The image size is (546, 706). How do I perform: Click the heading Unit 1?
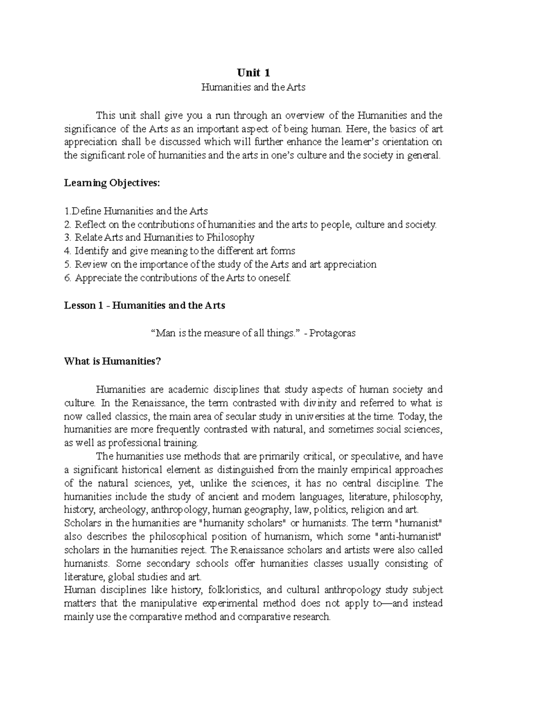click(x=253, y=73)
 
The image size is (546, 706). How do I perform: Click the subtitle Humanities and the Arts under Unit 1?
click(x=253, y=87)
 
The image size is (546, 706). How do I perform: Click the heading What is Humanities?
click(x=113, y=361)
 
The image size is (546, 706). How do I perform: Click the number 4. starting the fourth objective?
click(x=68, y=251)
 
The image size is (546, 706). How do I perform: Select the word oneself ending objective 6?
click(x=273, y=278)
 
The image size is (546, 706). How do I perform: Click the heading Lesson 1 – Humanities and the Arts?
click(x=145, y=305)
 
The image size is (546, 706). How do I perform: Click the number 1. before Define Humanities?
click(x=68, y=211)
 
